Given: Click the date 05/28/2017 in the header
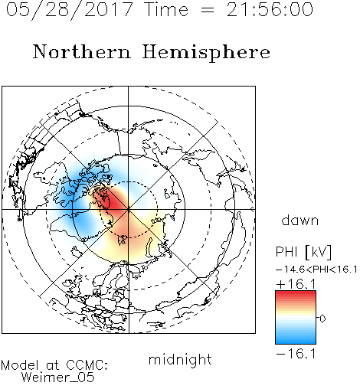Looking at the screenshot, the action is [x=70, y=10].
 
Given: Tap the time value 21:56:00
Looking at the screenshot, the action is [x=270, y=9].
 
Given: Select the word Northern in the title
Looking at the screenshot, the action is [x=82, y=51].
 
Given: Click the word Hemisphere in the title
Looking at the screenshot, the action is [x=206, y=52].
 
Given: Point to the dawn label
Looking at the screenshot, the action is [x=300, y=220].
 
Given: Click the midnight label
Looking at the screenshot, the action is [x=180, y=361].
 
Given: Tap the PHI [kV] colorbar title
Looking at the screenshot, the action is [x=303, y=252].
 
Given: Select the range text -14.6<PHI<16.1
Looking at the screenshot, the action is [x=316, y=270].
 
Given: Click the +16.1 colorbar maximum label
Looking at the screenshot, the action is [x=296, y=284].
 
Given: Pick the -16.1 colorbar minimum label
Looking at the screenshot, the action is [x=296, y=354].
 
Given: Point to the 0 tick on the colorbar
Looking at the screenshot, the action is [x=322, y=319].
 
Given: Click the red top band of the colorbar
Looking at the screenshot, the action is [x=296, y=296].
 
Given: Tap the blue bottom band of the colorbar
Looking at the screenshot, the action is [x=296, y=338].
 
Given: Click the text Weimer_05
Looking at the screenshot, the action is [x=58, y=378].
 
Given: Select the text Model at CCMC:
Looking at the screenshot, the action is [x=54, y=365].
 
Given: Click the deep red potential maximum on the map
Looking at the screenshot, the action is [x=113, y=203].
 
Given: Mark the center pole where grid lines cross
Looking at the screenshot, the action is [x=129, y=210].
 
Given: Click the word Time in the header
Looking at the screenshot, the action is [x=166, y=9].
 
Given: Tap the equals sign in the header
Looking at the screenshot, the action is [x=208, y=10].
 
